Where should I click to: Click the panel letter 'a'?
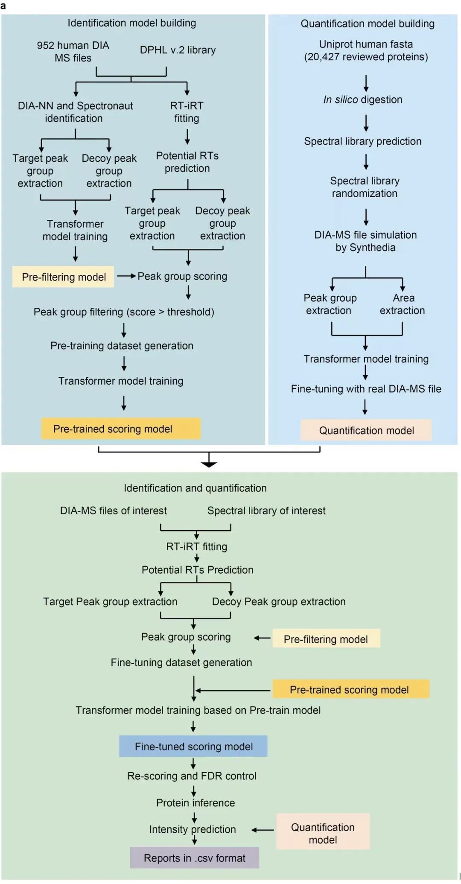point(3,6)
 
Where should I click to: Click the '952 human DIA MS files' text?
point(73,52)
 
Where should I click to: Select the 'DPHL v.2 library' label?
point(178,50)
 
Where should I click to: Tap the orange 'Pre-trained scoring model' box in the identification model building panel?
point(121,429)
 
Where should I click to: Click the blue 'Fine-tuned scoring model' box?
point(193,746)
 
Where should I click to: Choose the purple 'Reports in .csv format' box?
point(195,858)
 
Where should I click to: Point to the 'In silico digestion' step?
point(363,99)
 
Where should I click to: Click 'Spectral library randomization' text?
point(365,187)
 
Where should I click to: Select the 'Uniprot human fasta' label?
point(366,44)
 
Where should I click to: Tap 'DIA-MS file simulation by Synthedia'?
point(365,241)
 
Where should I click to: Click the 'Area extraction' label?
point(403,304)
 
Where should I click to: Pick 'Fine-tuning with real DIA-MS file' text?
point(366,389)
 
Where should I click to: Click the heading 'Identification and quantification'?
point(195,488)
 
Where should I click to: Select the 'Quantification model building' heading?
point(368,24)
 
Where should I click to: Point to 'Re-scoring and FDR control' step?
point(192,776)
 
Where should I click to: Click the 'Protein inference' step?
point(195,803)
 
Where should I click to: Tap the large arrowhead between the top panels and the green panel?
point(209,464)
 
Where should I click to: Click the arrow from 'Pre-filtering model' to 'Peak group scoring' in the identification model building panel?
point(126,276)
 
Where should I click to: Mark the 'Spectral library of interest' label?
point(266,511)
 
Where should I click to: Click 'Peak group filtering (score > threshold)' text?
point(124,312)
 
